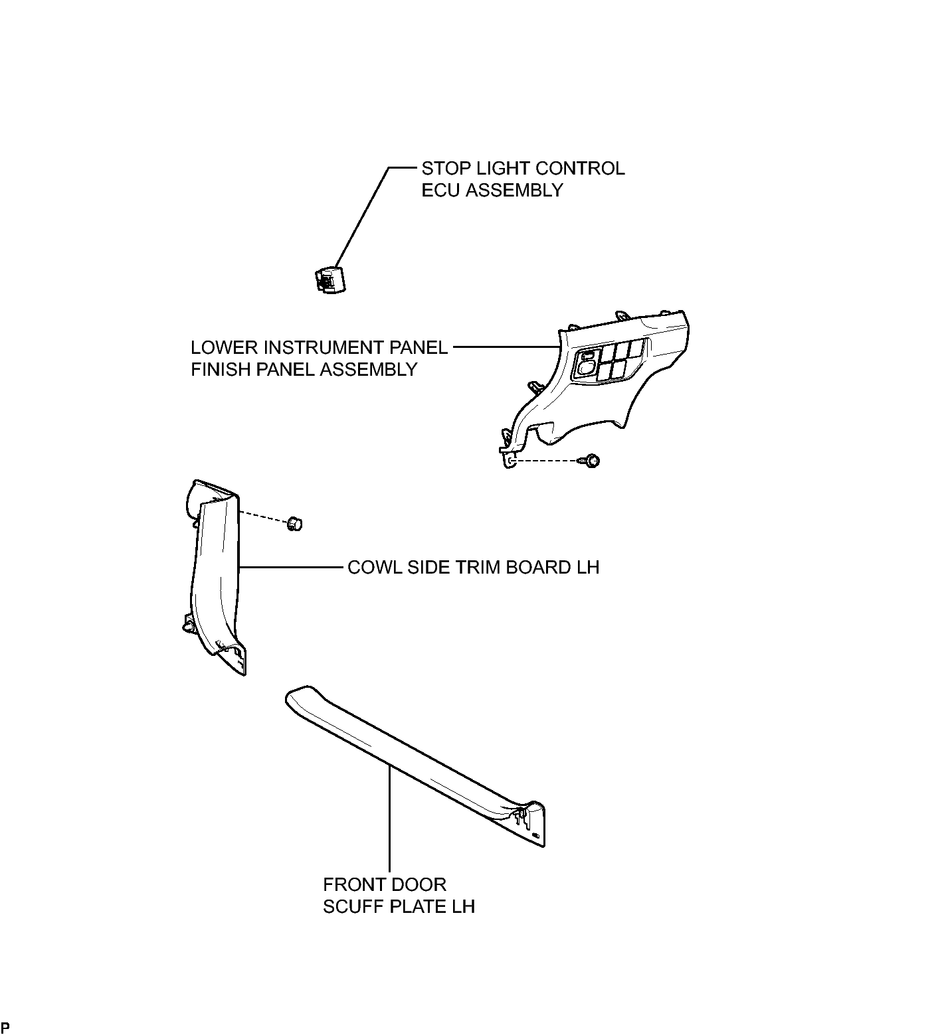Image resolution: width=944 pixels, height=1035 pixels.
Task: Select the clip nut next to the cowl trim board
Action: (294, 524)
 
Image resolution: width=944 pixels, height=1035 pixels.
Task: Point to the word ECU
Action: (441, 190)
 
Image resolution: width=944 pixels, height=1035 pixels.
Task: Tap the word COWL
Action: (373, 568)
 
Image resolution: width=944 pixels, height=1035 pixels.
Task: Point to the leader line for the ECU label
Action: (363, 217)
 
